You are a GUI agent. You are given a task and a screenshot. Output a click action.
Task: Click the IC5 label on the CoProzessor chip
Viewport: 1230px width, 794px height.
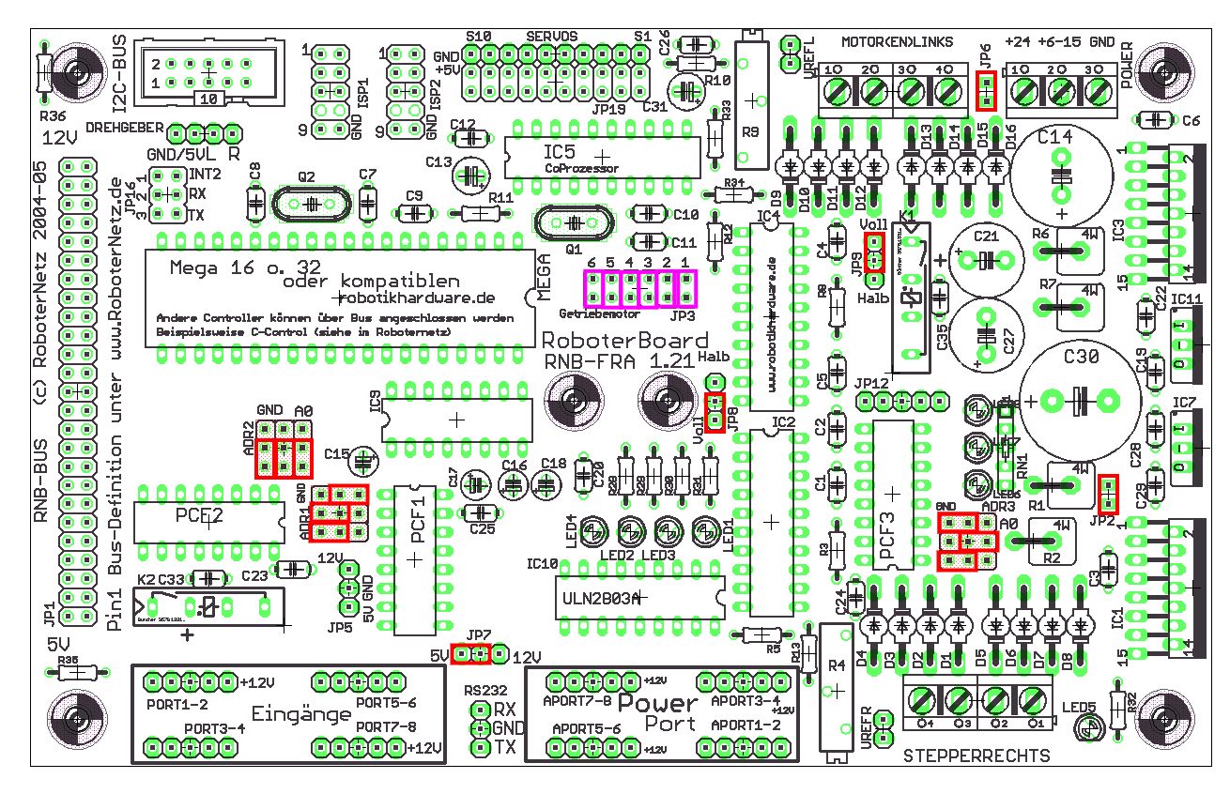(561, 151)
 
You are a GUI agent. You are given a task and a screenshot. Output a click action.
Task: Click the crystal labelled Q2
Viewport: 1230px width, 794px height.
(309, 203)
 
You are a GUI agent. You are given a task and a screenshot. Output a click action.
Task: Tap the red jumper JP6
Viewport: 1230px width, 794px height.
(986, 90)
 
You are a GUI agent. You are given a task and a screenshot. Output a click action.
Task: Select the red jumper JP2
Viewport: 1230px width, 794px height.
(1108, 490)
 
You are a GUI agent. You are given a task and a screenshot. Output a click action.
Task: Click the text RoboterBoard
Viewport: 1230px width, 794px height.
(623, 341)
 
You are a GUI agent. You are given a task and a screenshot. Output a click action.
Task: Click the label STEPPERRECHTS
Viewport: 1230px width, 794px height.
(976, 756)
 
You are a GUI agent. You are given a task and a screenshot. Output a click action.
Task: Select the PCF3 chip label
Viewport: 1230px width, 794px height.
(888, 537)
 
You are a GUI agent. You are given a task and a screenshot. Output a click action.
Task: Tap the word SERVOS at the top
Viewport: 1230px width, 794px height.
(551, 36)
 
